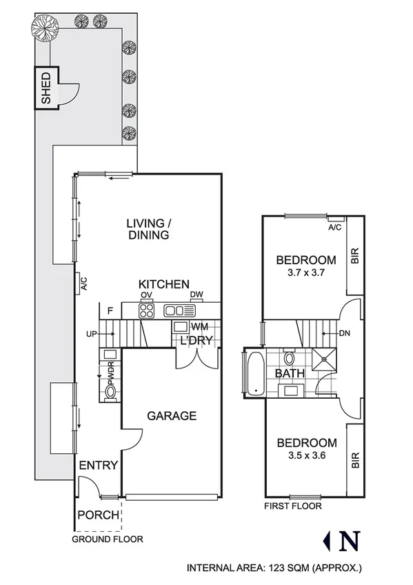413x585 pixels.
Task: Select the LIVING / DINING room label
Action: [x=148, y=229]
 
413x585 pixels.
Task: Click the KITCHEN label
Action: [x=163, y=284]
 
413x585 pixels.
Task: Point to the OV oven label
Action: [x=146, y=295]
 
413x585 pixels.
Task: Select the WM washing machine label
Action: [x=199, y=326]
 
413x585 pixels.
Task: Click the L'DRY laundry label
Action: [x=196, y=341]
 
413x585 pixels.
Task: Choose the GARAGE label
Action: [x=172, y=416]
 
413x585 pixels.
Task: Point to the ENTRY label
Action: [x=98, y=465]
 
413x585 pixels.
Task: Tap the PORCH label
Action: [x=97, y=515]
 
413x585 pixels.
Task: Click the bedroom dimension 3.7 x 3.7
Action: [x=306, y=272]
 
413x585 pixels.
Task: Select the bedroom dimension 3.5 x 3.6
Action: [x=306, y=455]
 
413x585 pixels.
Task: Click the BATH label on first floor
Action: [x=290, y=373]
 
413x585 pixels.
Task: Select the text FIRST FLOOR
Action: [x=293, y=506]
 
